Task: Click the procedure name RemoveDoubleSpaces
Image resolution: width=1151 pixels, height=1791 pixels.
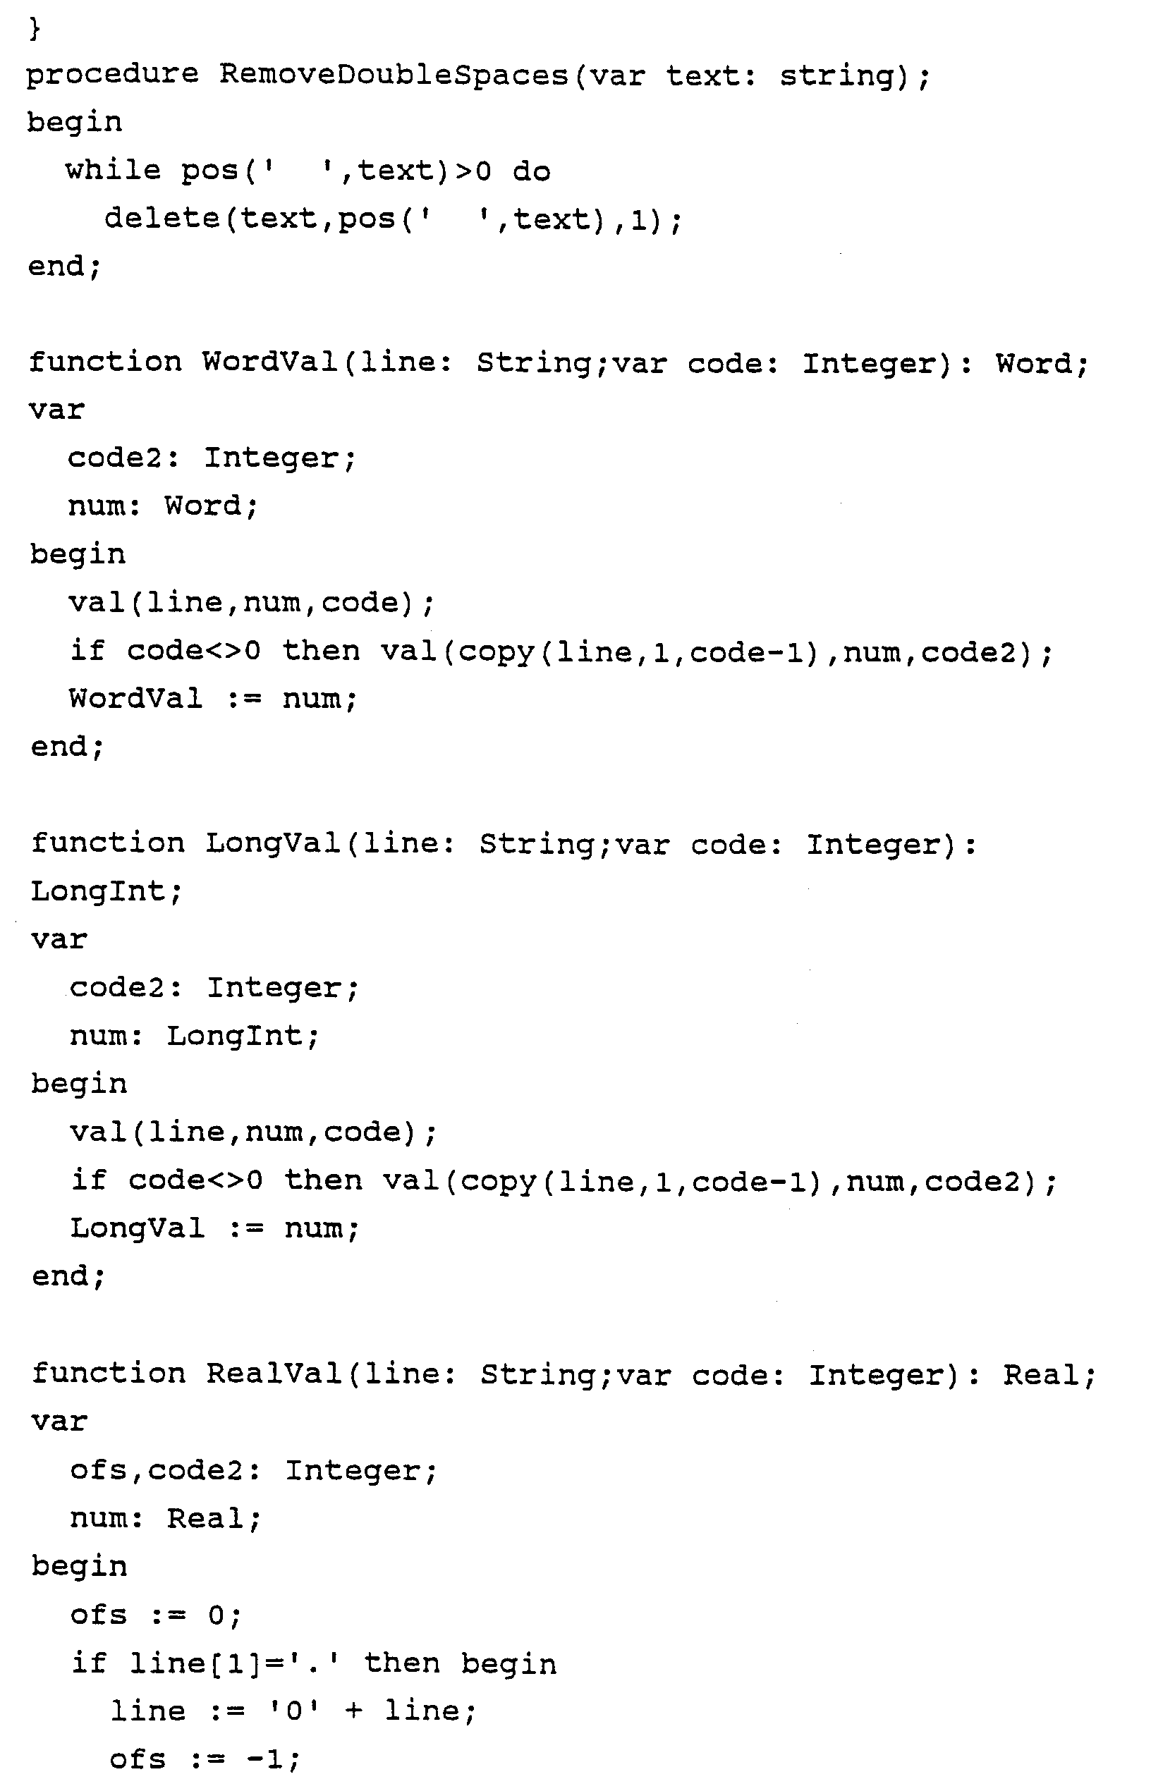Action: [x=394, y=75]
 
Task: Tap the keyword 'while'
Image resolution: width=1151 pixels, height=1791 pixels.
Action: [x=113, y=171]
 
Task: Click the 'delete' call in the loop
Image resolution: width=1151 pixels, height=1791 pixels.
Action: [x=162, y=219]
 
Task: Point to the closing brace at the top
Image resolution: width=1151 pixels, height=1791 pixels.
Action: [x=35, y=30]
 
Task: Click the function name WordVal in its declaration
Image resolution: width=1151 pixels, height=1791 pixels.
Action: [x=270, y=363]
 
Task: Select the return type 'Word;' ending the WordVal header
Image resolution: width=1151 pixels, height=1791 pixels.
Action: [x=1041, y=364]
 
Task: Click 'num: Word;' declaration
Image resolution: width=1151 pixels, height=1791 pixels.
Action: [x=163, y=506]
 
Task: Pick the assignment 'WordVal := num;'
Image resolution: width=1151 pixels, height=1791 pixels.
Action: [x=213, y=699]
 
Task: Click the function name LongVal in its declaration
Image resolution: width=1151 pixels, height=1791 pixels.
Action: [x=273, y=844]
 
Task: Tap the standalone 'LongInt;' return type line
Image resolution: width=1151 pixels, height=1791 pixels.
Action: [x=106, y=891]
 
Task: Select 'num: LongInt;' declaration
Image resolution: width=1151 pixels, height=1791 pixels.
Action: [x=195, y=1037]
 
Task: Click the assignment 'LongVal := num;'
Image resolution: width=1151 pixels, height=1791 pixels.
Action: [x=214, y=1229]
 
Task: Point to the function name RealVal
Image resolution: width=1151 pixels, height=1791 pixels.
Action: [x=274, y=1374]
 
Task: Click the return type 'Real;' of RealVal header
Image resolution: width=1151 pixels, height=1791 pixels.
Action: [x=1049, y=1375]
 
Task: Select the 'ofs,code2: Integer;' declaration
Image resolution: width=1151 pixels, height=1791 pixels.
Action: [x=253, y=1470]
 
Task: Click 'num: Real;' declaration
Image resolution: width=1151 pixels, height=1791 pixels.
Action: [x=165, y=1518]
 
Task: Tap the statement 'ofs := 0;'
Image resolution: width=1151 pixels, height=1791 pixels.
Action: [x=155, y=1615]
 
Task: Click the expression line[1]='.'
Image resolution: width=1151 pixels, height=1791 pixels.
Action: [x=235, y=1664]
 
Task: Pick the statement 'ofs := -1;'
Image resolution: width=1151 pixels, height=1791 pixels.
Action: [x=205, y=1759]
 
